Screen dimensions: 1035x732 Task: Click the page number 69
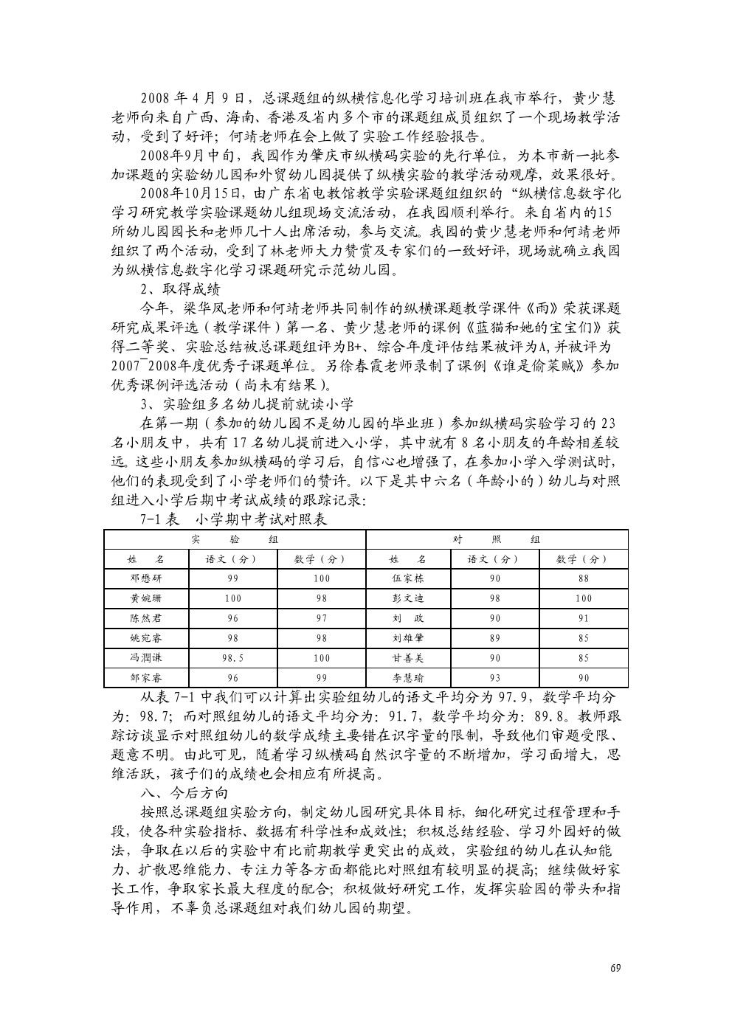615,967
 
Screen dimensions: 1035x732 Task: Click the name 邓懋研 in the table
145,578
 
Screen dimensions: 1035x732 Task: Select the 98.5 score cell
232,657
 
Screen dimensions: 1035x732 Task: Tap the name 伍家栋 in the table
407,578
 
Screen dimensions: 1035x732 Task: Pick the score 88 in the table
583,578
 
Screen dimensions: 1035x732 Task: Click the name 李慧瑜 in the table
407,677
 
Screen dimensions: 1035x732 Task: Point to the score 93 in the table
494,677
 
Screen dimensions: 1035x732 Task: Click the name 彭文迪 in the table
407,598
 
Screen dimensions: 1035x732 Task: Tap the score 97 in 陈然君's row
321,617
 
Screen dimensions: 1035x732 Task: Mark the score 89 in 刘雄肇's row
494,637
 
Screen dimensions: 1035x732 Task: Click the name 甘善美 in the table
407,657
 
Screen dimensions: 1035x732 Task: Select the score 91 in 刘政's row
583,617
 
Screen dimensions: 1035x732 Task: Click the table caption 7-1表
160,519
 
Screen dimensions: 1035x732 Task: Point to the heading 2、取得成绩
180,288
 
